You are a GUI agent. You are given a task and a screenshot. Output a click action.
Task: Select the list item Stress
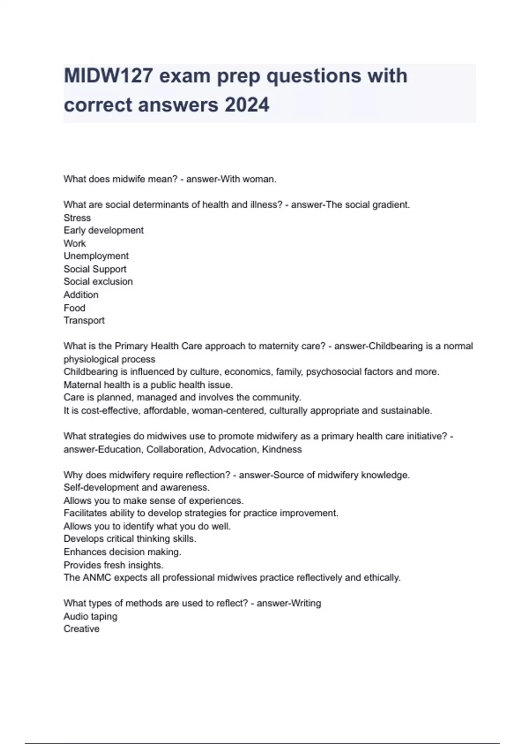(77, 218)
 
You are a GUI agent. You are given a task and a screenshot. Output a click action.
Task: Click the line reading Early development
(104, 231)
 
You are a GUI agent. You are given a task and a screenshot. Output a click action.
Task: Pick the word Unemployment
(96, 256)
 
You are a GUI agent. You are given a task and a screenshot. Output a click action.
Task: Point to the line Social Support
(95, 269)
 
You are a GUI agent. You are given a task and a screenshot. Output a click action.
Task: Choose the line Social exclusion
(98, 282)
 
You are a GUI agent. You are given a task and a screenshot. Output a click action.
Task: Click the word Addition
(81, 295)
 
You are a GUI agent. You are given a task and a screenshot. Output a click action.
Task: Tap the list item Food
(74, 308)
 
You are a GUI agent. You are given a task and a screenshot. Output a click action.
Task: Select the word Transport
(84, 321)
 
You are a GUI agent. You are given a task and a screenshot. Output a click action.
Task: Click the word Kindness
(282, 449)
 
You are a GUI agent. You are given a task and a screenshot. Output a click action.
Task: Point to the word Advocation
(233, 449)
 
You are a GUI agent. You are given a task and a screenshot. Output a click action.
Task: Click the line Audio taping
(91, 617)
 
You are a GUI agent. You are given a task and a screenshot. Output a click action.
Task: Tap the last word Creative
(81, 629)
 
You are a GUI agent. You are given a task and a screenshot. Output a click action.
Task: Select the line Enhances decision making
(122, 552)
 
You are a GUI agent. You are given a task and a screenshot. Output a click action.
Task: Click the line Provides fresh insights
(113, 565)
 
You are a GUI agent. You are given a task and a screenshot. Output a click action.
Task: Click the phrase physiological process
(109, 359)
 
